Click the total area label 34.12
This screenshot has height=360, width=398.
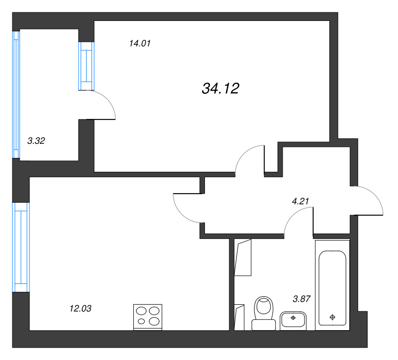[x=220, y=89]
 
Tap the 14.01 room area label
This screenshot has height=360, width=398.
[x=140, y=43]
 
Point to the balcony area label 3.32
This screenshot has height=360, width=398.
[x=36, y=141]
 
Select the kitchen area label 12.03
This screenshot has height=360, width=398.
[x=80, y=308]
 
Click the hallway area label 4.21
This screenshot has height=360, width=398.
[x=300, y=201]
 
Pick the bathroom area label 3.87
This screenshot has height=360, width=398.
[x=301, y=299]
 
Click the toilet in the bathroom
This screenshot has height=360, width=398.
[x=264, y=313]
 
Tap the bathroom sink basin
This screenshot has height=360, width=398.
[x=293, y=321]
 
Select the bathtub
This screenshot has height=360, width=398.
[x=332, y=284]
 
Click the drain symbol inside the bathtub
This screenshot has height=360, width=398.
[x=332, y=317]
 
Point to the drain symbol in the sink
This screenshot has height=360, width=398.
[x=293, y=318]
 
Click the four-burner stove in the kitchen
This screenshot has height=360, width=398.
[x=148, y=317]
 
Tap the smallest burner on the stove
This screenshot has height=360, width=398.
[x=141, y=321]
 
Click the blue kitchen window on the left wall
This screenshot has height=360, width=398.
[x=21, y=247]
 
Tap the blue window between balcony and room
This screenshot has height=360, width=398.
[x=86, y=66]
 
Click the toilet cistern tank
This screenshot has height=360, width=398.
[x=264, y=325]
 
